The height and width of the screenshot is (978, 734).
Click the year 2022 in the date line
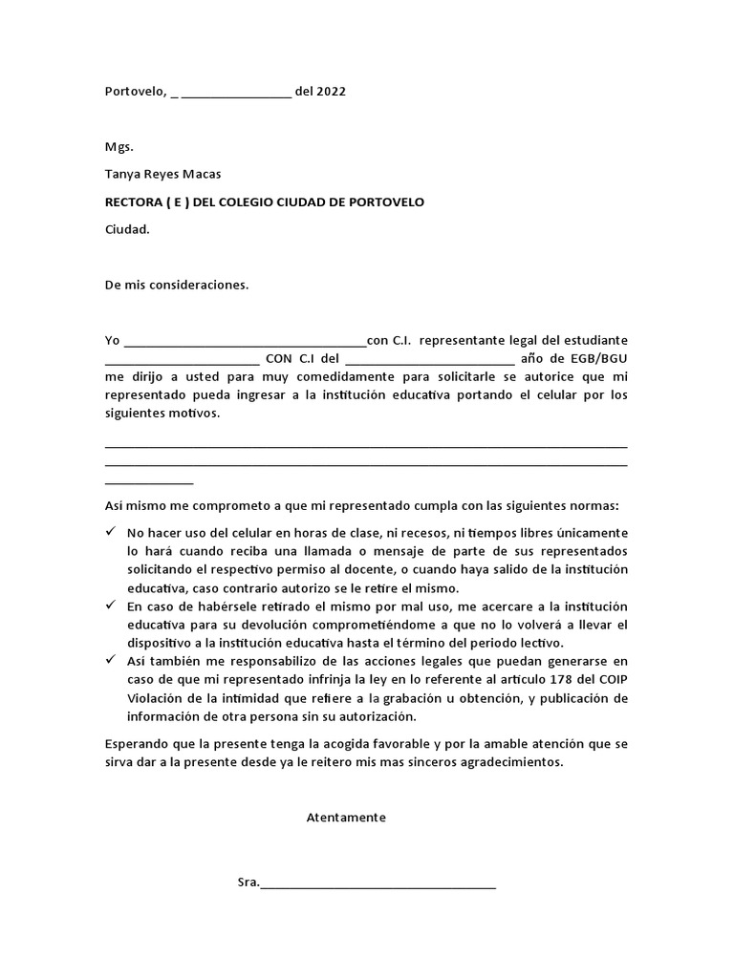[x=330, y=93]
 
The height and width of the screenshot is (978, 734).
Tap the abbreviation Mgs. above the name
[x=119, y=147]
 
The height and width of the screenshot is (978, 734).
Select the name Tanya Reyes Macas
[x=162, y=174]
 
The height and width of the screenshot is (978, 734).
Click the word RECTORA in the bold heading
[x=133, y=202]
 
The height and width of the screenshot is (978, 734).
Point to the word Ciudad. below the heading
[x=127, y=229]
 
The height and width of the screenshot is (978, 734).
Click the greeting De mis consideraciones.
[x=176, y=285]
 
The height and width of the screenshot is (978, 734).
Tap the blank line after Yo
[x=245, y=342]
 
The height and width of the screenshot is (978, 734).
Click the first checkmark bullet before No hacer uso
[x=111, y=531]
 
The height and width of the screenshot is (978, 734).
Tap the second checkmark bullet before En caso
[x=111, y=606]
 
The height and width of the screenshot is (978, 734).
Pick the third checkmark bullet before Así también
[x=111, y=661]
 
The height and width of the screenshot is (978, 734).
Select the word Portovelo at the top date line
[x=134, y=93]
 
